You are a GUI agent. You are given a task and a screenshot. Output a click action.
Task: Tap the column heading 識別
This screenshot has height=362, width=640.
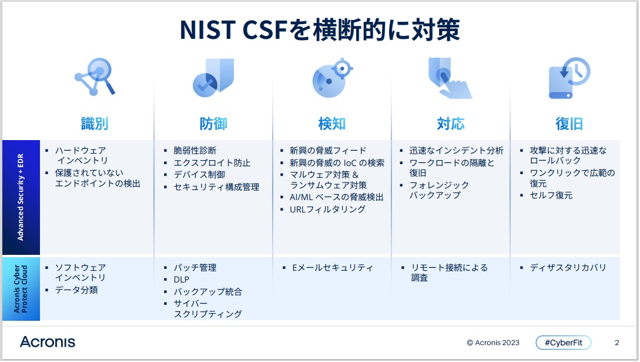click(95, 124)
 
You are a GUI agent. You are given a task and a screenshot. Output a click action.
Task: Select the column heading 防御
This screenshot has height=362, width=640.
click(213, 124)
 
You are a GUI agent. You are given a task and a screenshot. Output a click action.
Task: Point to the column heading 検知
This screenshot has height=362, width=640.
click(332, 124)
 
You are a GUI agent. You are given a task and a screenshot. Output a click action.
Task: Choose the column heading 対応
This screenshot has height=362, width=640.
click(451, 124)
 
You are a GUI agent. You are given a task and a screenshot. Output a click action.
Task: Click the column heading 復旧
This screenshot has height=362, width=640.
click(569, 124)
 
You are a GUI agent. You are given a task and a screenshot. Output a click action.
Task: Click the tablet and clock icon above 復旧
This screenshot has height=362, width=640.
click(568, 78)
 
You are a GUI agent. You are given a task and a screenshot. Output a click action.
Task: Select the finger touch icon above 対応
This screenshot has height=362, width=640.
click(450, 78)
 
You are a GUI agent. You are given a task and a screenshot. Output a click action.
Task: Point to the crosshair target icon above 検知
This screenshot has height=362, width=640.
click(332, 78)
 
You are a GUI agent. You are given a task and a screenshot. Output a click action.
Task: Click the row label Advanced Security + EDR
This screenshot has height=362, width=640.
click(21, 197)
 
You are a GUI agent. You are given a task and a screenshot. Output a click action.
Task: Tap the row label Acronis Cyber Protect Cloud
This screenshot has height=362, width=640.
click(21, 289)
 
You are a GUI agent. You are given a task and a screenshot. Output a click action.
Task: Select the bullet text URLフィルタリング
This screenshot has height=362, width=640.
click(327, 210)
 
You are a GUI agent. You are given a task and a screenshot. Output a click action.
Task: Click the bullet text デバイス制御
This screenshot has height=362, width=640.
click(199, 175)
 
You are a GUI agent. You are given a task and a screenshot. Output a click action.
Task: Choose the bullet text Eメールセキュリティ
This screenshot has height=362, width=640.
click(332, 268)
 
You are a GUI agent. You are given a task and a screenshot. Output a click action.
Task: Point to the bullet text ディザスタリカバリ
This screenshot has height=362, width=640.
click(568, 268)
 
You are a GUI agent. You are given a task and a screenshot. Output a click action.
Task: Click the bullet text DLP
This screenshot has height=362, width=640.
click(181, 280)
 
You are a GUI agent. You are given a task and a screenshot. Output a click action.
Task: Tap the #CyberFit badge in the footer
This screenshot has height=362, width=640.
click(563, 343)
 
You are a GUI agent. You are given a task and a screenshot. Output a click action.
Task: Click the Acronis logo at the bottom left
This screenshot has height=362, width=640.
click(48, 343)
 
